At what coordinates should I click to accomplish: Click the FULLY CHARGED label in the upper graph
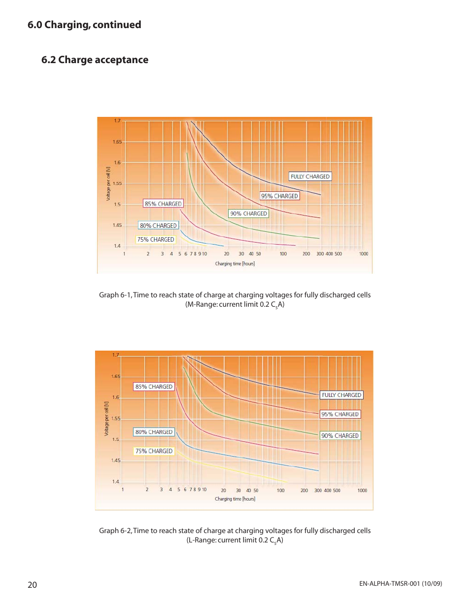310,177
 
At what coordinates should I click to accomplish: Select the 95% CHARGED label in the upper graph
279,196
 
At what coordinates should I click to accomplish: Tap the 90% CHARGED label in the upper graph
248,214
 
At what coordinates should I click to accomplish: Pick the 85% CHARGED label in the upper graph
163,204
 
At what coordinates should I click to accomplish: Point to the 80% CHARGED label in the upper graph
158,226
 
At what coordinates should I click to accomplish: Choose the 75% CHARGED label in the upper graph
156,240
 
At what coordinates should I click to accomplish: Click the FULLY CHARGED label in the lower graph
341,395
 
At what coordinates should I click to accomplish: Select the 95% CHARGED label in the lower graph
340,414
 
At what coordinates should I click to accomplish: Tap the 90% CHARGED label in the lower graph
340,436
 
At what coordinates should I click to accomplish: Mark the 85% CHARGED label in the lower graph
154,387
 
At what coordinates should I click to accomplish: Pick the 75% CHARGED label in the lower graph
154,451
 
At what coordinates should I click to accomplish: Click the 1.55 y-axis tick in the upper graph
117,183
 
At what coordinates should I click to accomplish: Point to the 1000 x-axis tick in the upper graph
364,254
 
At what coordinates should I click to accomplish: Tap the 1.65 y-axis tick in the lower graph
116,376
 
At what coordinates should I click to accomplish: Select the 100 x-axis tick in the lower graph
280,491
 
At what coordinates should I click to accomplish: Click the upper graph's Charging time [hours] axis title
235,264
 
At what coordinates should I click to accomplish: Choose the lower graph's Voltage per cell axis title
106,419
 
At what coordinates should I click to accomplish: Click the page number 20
32,585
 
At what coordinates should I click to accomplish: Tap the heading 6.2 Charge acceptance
95,60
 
